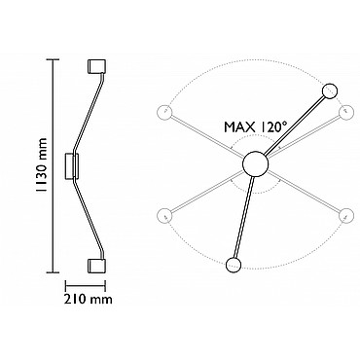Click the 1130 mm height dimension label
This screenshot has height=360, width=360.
[41, 165]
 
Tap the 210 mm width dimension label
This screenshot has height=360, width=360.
[89, 299]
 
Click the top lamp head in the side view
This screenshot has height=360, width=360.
[96, 66]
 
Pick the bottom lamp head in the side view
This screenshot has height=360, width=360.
[96, 266]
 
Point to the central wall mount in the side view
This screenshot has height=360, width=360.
[72, 165]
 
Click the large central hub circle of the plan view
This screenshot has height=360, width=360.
[256, 164]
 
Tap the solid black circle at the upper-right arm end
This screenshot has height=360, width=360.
[330, 91]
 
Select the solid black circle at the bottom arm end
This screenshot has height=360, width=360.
[234, 265]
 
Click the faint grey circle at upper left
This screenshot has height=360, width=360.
[163, 113]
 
